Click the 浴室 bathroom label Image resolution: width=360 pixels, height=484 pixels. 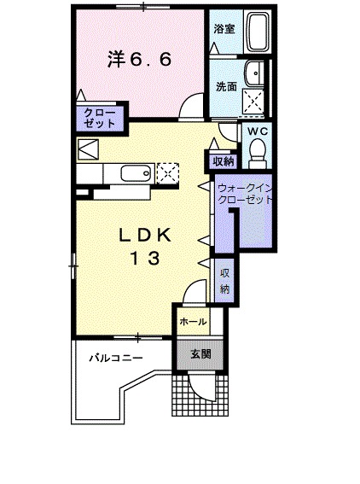point(224,29)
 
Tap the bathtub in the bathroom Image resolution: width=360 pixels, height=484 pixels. point(258,32)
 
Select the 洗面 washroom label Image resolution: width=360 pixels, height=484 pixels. point(226,87)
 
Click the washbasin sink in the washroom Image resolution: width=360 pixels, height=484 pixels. point(255,73)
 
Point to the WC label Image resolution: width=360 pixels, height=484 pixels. point(258,131)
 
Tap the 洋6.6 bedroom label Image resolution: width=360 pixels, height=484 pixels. point(139,59)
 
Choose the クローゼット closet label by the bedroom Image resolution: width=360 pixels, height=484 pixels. point(99,118)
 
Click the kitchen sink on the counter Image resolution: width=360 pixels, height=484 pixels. point(136,173)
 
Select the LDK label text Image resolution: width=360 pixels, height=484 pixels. point(145,236)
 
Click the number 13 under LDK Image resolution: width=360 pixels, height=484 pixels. point(145,258)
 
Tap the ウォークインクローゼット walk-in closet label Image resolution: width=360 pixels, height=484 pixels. point(245,194)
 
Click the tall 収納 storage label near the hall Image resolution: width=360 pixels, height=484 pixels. point(225,281)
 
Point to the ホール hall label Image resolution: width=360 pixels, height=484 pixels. point(193,322)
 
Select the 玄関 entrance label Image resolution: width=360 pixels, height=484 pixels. point(200,354)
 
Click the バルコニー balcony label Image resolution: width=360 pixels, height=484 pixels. point(116,358)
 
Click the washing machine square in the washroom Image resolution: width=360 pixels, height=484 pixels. point(253,100)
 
